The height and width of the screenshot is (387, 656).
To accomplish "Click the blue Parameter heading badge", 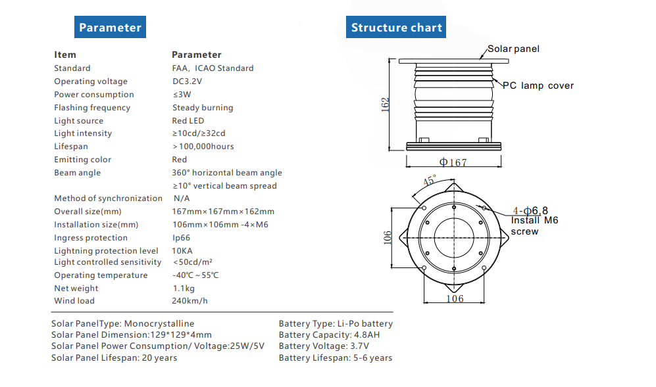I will click(110, 28).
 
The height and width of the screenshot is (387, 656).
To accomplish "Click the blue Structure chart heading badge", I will click(396, 28).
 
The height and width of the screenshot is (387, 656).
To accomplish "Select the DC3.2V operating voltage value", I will click(187, 81).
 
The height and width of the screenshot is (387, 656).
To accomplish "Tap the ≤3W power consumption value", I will click(182, 95).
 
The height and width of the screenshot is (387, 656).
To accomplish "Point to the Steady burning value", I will click(203, 108).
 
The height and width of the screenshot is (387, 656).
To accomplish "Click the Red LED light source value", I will click(188, 121).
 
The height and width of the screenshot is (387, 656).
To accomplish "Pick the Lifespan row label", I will click(71, 147).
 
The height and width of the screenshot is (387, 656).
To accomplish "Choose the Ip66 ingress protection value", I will click(182, 238).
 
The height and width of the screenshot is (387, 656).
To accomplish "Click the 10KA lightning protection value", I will click(182, 250).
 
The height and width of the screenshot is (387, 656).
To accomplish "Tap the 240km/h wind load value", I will click(189, 301).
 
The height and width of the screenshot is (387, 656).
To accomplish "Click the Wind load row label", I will click(74, 301).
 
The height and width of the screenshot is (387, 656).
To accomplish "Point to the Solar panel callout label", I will click(513, 49).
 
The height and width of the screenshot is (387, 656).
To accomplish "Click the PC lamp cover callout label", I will click(538, 85).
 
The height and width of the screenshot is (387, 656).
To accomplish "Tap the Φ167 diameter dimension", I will click(453, 162).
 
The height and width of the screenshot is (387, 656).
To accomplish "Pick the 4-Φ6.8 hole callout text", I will click(532, 210).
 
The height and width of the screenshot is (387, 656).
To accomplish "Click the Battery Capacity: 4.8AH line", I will click(329, 334).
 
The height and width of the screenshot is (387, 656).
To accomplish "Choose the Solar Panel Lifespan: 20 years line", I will click(114, 358).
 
